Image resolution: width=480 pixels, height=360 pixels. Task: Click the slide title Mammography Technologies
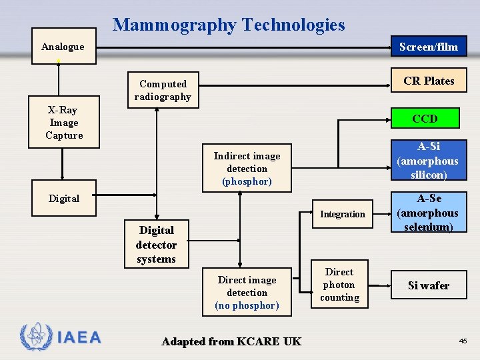coord(229,25)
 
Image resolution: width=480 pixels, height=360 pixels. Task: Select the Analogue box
coord(63,47)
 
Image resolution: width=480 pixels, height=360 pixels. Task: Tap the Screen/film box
coord(429,47)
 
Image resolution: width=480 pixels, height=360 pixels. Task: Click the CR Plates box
coord(429,81)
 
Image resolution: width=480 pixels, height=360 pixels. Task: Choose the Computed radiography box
coord(163,90)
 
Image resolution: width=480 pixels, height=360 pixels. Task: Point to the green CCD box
coord(425,119)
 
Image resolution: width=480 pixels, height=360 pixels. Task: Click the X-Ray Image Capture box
coord(64,123)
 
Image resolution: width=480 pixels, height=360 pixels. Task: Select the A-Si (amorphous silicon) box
coord(427,161)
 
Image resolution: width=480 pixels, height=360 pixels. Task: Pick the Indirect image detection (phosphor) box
coord(247,169)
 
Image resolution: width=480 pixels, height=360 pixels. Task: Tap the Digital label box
coord(64,199)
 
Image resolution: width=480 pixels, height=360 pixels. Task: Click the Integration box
coord(343,214)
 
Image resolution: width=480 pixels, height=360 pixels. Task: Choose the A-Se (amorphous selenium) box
coord(428,213)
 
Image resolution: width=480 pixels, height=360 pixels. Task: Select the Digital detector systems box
coord(156,245)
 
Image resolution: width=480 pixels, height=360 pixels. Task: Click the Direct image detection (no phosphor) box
coord(247,293)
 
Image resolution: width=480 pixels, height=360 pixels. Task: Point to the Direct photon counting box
coord(339,285)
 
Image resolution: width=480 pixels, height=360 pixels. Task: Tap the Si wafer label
coord(429,285)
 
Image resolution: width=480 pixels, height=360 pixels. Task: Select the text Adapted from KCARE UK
coord(231,341)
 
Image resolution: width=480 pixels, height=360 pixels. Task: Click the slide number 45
coord(463,341)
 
